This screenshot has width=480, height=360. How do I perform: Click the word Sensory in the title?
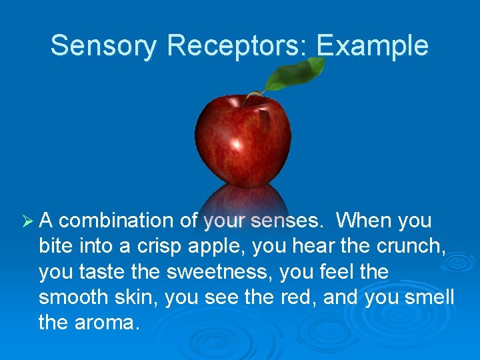(104, 46)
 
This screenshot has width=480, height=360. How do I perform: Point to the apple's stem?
(251, 97)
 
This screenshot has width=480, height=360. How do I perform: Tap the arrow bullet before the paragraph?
(27, 221)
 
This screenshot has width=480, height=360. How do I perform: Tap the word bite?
(56, 247)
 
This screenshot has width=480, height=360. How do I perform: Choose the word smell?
(429, 297)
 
